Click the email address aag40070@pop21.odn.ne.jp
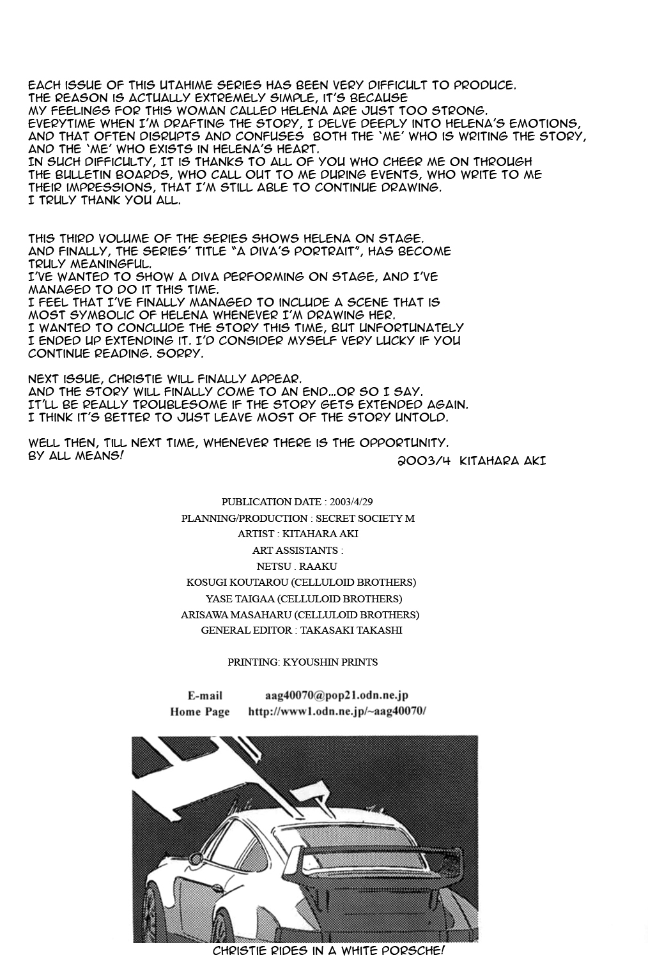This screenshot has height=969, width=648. point(337,695)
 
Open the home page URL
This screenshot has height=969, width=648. point(337,711)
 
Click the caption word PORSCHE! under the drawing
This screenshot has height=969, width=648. point(413,950)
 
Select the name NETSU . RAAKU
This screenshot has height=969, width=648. point(297,566)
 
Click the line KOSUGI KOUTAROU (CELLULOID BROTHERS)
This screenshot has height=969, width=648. point(301,583)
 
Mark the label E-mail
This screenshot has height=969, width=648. point(204,696)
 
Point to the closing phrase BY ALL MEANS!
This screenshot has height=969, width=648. point(75,456)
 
